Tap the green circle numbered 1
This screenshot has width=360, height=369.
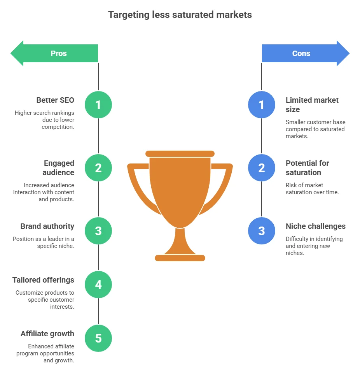pyautogui.click(x=98, y=105)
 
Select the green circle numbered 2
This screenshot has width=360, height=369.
pyautogui.click(x=98, y=168)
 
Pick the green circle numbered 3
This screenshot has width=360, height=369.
pyautogui.click(x=98, y=231)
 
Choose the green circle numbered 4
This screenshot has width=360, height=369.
pyautogui.click(x=98, y=285)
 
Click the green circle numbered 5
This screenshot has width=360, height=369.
pyautogui.click(x=98, y=338)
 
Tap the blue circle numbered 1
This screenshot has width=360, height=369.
pyautogui.click(x=262, y=105)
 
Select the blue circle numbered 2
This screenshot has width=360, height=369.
pyautogui.click(x=262, y=168)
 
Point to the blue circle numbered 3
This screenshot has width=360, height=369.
pyautogui.click(x=262, y=231)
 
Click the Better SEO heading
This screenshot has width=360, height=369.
pyautogui.click(x=55, y=100)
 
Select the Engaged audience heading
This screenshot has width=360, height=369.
pyautogui.click(x=59, y=168)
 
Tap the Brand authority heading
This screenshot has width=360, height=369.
pyautogui.click(x=47, y=226)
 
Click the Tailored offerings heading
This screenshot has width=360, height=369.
pyautogui.click(x=43, y=280)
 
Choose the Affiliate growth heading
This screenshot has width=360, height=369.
pyautogui.click(x=47, y=334)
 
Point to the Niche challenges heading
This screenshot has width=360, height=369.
pyautogui.click(x=315, y=226)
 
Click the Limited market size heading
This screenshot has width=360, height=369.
pyautogui.click(x=312, y=105)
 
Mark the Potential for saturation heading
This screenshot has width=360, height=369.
pyautogui.click(x=307, y=168)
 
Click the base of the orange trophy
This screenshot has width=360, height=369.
pyautogui.click(x=180, y=258)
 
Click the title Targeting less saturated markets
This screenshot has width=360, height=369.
pyautogui.click(x=180, y=15)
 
